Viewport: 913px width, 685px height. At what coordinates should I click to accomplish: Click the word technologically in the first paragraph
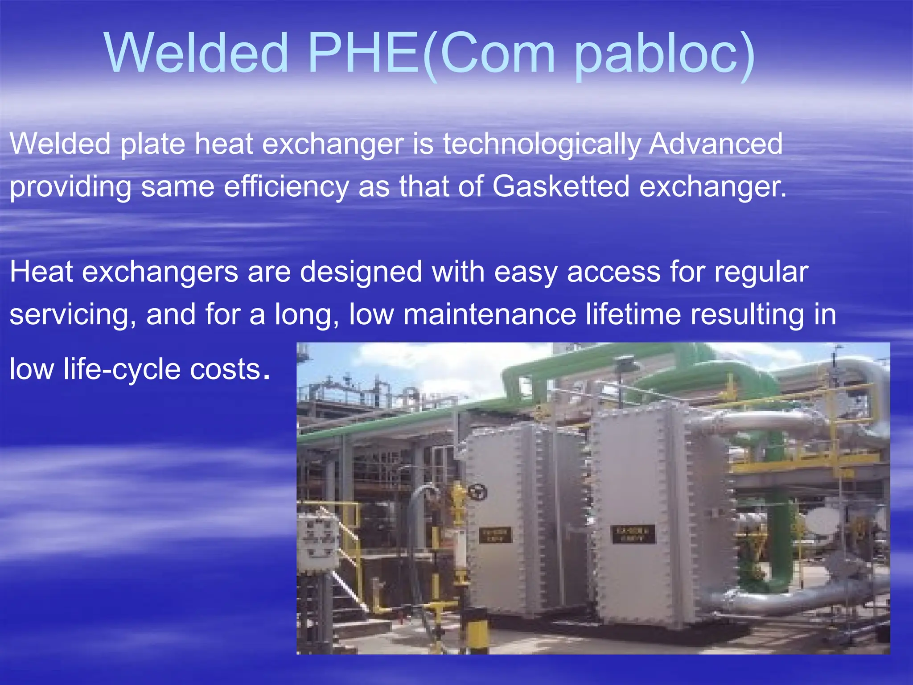[541, 144]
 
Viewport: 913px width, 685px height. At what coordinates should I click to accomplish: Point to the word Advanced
[715, 144]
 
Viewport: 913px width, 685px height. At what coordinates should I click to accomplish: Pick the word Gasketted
[561, 186]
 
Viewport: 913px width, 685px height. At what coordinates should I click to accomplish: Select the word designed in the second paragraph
[361, 272]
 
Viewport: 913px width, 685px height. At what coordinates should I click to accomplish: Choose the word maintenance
[489, 314]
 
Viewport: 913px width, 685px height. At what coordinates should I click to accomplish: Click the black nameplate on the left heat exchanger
[495, 535]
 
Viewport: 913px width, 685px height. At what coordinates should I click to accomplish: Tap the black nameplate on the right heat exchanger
[633, 534]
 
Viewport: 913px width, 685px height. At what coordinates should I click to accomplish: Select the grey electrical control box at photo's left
[317, 540]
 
